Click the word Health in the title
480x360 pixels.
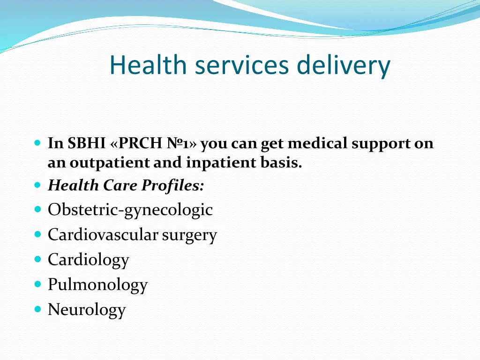(149, 65)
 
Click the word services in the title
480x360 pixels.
(241, 65)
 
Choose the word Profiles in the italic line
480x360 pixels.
(172, 186)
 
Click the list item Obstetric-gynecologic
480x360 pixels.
(130, 210)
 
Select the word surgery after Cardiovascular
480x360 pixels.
(189, 235)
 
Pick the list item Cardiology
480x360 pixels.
(88, 260)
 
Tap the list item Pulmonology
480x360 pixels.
(97, 285)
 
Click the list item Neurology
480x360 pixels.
(87, 309)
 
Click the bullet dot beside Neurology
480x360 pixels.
(38, 309)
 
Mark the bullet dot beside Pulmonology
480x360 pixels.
(38, 284)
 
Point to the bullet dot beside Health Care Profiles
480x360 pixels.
(38, 185)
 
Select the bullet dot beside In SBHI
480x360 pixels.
(38, 142)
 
